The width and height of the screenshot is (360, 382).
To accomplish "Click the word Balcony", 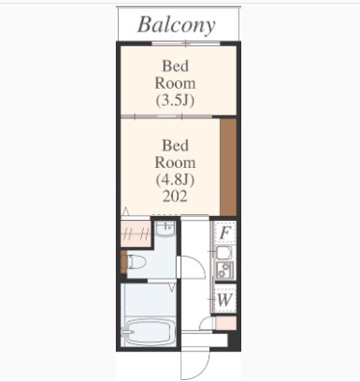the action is coord(177,25).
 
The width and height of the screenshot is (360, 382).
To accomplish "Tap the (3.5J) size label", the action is coord(176,100).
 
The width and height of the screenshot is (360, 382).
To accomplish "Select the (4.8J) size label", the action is coord(176,179).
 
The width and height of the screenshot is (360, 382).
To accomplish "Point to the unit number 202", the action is coord(175,196).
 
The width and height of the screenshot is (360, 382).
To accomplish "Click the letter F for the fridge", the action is coord(224,232).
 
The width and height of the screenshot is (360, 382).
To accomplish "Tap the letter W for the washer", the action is coord(224,300).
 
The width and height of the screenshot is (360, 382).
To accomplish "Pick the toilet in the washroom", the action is coord(136,261).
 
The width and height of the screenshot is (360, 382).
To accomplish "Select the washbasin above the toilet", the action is coord(165,229).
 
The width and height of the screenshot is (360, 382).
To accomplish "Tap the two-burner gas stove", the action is coord(224,270).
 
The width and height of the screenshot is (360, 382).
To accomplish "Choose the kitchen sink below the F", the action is coord(224,253).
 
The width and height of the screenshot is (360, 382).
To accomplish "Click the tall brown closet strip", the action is coord(228,167).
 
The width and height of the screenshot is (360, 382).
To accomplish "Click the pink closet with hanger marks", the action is coord(136,233).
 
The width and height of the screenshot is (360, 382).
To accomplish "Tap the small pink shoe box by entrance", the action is coord(226,323).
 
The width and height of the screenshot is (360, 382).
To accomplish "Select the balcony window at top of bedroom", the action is coord(186,43).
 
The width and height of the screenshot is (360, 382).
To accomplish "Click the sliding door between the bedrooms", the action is coord(166,117).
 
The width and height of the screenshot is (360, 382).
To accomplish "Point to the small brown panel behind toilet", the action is coord(124,262).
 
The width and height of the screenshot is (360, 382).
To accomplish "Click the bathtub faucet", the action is coord(126,332).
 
